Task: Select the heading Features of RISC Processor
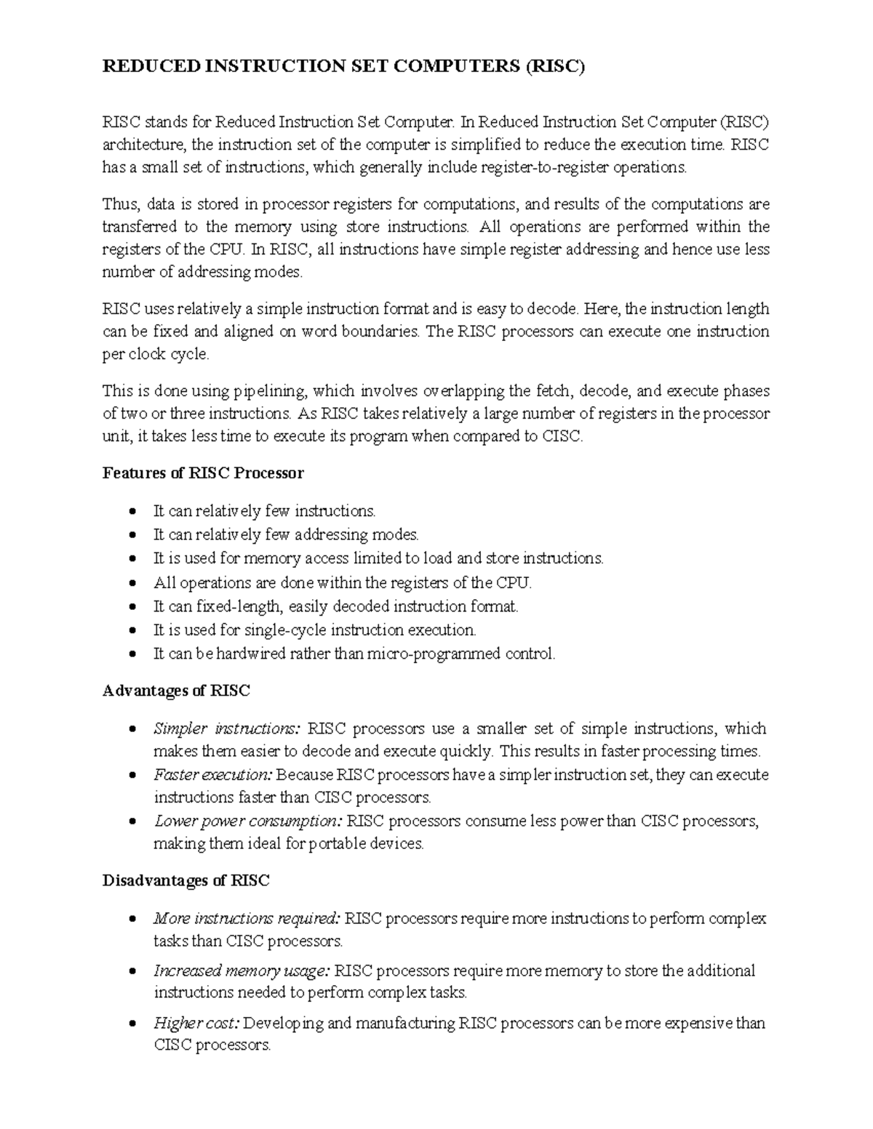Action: coord(203,473)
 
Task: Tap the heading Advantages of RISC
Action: coord(176,691)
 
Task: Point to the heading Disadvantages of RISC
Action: coord(186,880)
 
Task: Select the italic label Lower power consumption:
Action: coord(248,821)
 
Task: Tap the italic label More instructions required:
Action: coord(247,918)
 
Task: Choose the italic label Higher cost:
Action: coord(196,1024)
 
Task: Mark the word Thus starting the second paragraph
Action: coord(115,204)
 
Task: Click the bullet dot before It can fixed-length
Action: coord(132,607)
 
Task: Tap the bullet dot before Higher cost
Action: coord(132,1024)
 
